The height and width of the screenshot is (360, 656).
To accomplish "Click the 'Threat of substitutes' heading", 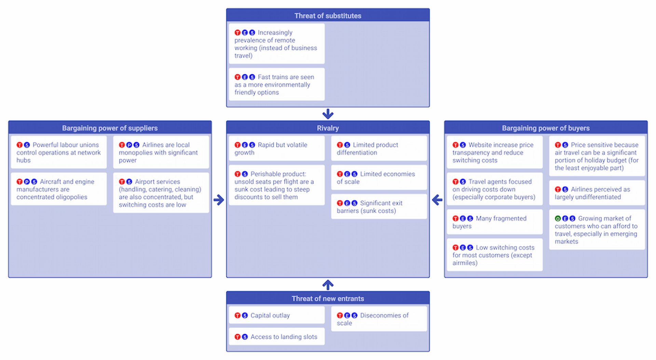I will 328,16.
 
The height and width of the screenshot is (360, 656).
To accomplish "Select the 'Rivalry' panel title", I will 328,128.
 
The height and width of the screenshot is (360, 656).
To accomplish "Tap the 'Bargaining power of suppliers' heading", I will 110,128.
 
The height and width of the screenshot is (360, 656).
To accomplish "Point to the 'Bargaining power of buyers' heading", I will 546,128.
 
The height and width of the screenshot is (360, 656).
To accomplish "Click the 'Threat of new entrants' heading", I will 328,298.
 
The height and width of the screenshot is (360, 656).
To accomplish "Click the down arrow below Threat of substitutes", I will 328,114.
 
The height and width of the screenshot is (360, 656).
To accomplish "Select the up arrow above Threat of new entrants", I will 328,284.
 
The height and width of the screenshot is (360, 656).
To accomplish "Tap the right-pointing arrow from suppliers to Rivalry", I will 219,200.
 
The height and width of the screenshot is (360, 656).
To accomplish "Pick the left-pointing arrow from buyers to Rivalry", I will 437,200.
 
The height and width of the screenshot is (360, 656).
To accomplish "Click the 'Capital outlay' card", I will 276,315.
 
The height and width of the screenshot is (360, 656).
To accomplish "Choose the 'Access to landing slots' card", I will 276,337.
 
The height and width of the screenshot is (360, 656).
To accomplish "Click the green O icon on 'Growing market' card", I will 558,218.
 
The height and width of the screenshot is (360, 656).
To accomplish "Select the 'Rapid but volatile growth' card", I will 276,149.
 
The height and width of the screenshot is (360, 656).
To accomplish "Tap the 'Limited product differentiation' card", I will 379,149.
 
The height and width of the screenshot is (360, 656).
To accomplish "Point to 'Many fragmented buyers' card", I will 494,222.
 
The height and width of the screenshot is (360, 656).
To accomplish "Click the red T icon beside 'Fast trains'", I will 237,77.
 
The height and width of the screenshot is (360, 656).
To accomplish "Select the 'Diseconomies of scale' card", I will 379,319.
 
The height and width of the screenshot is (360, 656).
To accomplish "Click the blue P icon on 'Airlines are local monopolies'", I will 129,145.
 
